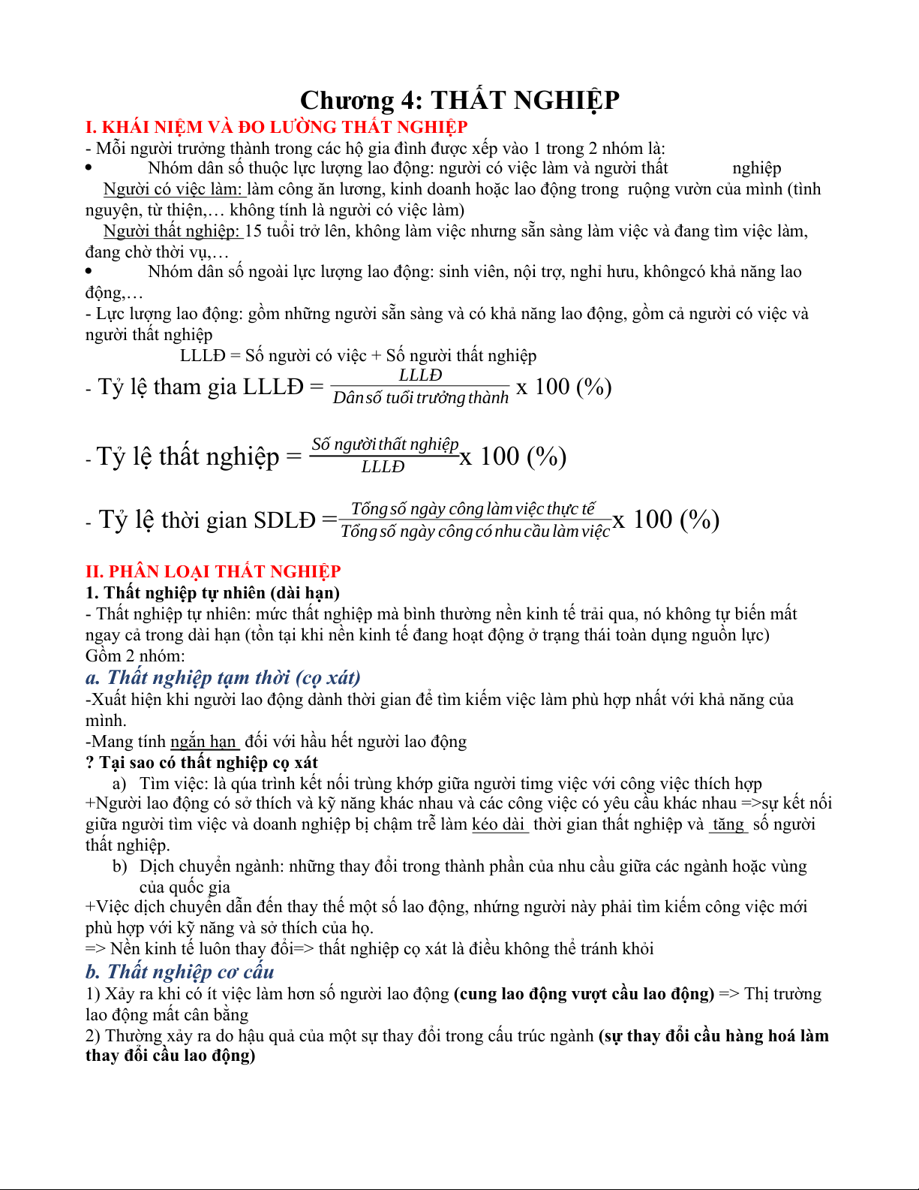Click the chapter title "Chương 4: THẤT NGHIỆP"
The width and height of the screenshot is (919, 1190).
tap(459, 101)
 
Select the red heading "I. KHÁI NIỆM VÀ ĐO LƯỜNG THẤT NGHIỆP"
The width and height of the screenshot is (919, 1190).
tap(276, 127)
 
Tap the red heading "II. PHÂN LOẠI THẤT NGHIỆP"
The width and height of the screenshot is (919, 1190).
tap(213, 571)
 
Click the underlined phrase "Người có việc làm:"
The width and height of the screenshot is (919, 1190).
tap(173, 189)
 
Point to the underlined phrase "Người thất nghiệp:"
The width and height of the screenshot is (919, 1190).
tap(172, 231)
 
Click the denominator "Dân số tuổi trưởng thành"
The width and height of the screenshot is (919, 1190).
tap(420, 398)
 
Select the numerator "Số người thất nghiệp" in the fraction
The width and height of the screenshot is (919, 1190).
tap(385, 444)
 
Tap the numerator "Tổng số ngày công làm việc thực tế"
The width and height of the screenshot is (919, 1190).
tap(473, 509)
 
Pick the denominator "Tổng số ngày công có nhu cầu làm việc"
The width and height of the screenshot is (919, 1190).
tap(475, 532)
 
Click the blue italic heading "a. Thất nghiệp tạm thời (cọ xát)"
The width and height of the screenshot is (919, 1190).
tap(223, 678)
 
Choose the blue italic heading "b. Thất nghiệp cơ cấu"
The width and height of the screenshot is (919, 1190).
tap(179, 972)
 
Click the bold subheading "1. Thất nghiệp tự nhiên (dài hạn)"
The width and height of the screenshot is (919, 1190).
tap(212, 593)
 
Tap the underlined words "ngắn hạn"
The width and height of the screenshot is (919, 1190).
tap(203, 742)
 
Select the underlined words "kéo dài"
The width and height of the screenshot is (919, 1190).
tap(499, 824)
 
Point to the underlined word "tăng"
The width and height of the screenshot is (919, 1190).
tap(728, 824)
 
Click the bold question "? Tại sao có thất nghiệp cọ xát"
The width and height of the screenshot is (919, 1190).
tap(202, 763)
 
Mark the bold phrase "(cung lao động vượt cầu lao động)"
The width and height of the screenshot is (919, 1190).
tap(584, 994)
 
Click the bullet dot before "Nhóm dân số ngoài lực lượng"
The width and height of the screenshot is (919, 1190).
tap(89, 271)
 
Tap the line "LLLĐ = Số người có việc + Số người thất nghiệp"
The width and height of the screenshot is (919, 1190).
tap(358, 356)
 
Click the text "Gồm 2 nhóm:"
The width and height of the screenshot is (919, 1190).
tap(135, 656)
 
